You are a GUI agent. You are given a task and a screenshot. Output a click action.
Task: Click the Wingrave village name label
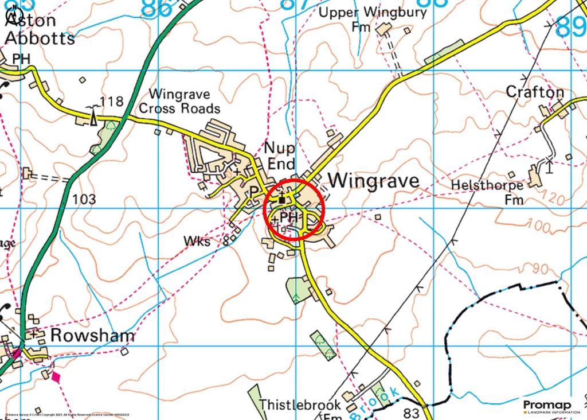pyautogui.click(x=375, y=181)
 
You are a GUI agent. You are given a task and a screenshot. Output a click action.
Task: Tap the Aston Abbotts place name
pyautogui.click(x=39, y=30)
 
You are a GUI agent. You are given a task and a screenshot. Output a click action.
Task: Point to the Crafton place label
pyautogui.click(x=535, y=92)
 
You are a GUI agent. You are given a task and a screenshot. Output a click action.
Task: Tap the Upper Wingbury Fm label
pyautogui.click(x=373, y=19)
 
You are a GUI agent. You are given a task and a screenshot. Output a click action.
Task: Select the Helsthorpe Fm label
pyautogui.click(x=487, y=192)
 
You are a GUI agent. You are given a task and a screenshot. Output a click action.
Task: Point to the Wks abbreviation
pyautogui.click(x=197, y=242)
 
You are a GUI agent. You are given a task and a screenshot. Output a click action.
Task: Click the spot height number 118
pyautogui.click(x=111, y=102)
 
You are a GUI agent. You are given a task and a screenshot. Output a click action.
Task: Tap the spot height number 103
pyautogui.click(x=84, y=199)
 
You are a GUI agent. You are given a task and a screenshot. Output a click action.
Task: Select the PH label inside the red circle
pyautogui.click(x=290, y=218)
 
